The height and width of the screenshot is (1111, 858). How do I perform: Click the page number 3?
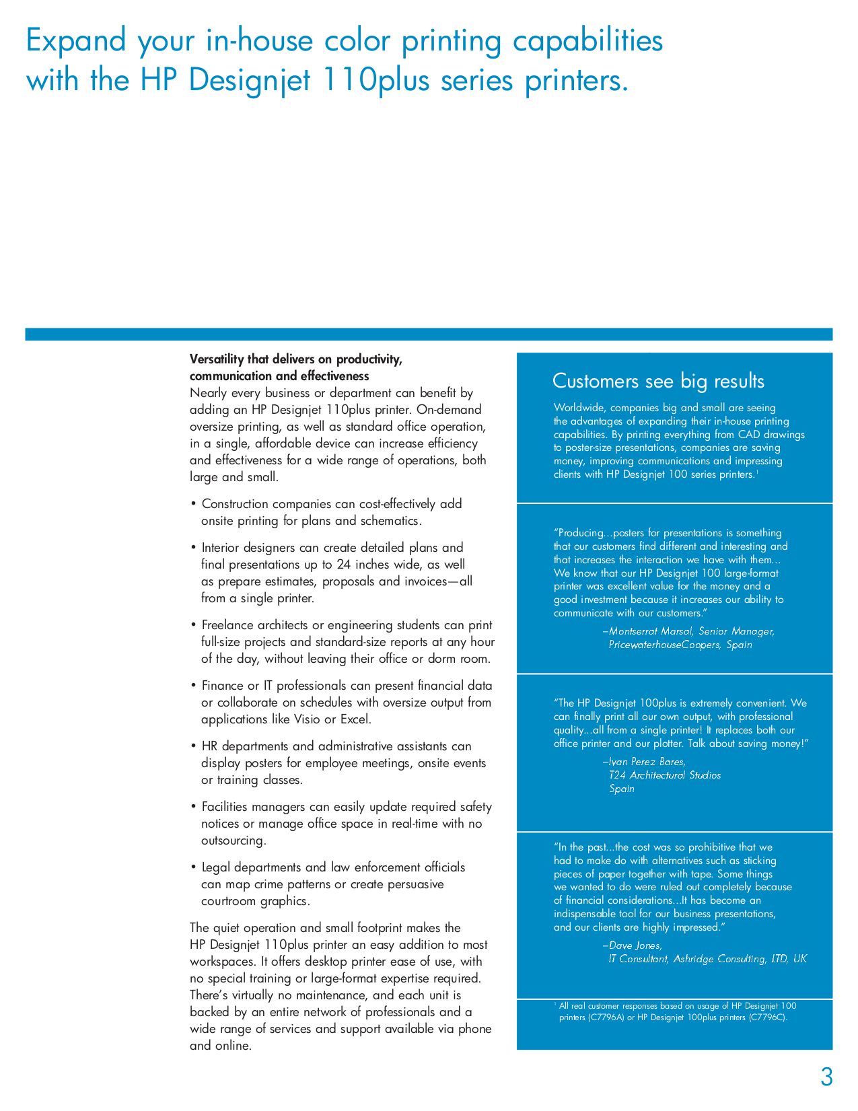click(826, 1077)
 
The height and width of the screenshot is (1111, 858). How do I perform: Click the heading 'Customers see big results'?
click(658, 382)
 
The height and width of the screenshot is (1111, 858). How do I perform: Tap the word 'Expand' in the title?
click(75, 41)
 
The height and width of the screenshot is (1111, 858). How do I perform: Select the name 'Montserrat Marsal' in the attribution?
click(650, 631)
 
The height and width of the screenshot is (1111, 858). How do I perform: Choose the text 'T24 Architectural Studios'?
click(665, 775)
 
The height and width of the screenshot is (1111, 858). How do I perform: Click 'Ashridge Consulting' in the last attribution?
click(719, 959)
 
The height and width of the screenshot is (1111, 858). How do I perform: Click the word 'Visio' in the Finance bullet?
click(307, 719)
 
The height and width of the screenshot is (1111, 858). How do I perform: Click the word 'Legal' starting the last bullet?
click(216, 867)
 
